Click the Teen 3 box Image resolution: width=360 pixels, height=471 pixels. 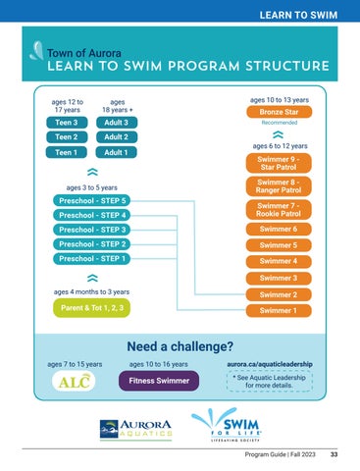tap(67, 123)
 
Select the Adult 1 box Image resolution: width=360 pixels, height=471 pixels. tap(116, 152)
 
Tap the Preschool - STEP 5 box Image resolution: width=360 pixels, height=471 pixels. tap(92, 200)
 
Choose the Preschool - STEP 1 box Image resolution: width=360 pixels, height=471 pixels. tap(92, 259)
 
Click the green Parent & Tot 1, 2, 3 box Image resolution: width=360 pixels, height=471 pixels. tap(92, 308)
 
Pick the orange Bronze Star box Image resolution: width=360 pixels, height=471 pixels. tap(279, 112)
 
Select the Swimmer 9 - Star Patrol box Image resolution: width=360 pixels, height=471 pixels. tap(279, 163)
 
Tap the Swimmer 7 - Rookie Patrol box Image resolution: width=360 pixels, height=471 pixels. tap(279, 210)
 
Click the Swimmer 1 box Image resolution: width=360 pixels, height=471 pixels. tap(279, 310)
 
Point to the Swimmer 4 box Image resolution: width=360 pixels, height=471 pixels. tap(279, 261)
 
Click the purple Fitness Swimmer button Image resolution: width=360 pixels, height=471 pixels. tap(159, 381)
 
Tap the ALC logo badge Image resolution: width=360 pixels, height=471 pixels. tap(74, 382)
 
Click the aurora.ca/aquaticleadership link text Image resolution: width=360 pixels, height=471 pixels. tap(270, 364)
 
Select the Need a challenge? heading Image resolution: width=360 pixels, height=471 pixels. tap(180, 346)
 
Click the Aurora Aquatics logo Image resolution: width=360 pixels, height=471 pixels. tap(135, 429)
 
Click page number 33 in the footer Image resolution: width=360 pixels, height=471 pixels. tap(334, 454)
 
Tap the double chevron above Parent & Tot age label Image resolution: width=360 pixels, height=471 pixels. tap(92, 278)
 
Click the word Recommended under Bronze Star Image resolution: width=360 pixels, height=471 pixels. tap(280, 123)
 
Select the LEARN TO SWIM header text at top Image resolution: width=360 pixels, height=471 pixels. tap(298, 15)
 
